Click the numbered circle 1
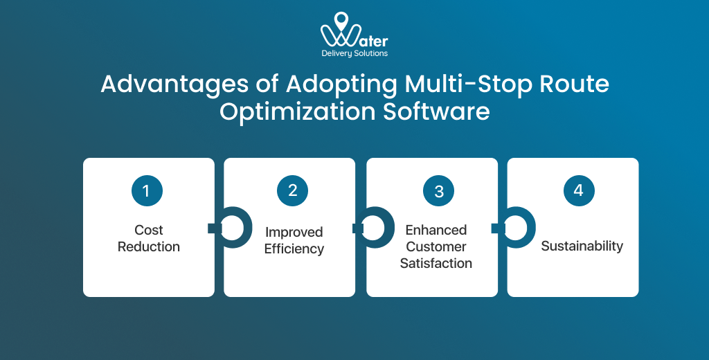(147, 190)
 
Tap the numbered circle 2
(292, 190)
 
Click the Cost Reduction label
(148, 238)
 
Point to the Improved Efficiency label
(294, 240)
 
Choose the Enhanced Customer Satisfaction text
(436, 246)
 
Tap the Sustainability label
(582, 246)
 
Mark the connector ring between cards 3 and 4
(518, 228)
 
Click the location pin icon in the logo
(340, 21)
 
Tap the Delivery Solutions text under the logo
(354, 53)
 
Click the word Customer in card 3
(436, 246)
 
